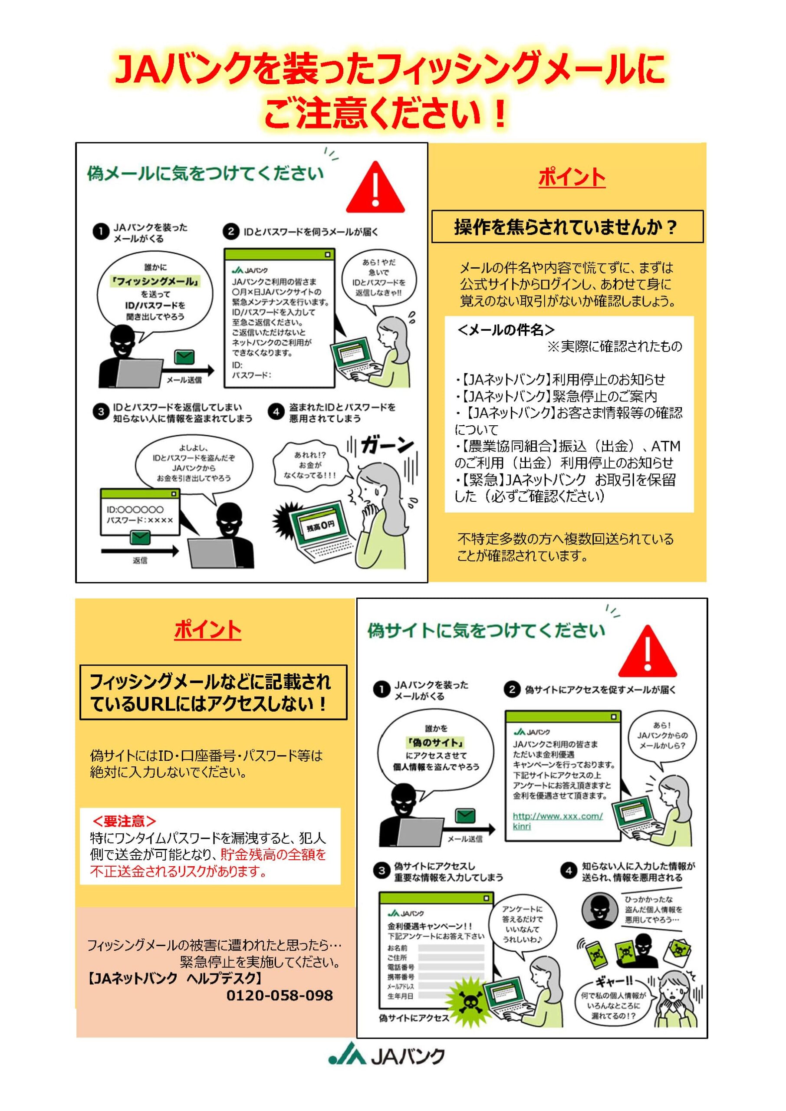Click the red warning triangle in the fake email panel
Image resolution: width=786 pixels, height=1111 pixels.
coord(375,187)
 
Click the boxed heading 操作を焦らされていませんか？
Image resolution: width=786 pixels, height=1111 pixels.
coord(566,227)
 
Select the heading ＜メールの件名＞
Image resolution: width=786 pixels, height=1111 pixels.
coord(506,330)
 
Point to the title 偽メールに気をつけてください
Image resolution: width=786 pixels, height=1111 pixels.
coord(205,173)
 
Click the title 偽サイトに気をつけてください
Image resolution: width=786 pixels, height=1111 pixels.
coord(487,631)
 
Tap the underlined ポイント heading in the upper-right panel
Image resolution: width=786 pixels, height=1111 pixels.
coord(572,177)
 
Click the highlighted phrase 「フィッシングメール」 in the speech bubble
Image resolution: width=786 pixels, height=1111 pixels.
coord(155,281)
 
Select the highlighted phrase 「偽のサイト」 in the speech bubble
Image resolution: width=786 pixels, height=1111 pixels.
coord(436,742)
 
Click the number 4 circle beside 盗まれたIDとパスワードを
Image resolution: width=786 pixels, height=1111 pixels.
coord(276,412)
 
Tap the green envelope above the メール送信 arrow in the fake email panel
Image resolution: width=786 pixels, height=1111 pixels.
coord(184,357)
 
